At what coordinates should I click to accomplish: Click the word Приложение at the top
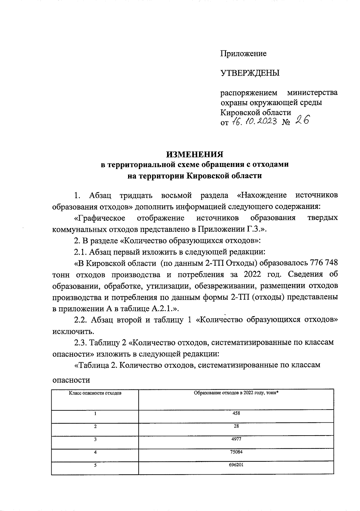point(243,54)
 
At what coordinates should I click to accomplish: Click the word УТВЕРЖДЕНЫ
point(250,73)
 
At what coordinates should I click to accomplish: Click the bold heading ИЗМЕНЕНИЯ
point(195,154)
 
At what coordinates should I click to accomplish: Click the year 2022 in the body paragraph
point(254,274)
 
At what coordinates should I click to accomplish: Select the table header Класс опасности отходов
point(95,393)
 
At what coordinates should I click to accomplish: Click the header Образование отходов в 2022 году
point(236,393)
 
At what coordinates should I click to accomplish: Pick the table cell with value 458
point(236,413)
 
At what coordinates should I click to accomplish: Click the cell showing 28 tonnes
point(236,426)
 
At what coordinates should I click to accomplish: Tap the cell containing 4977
point(236,439)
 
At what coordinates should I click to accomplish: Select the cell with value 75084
point(236,452)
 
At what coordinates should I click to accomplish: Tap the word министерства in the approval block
point(312,92)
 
